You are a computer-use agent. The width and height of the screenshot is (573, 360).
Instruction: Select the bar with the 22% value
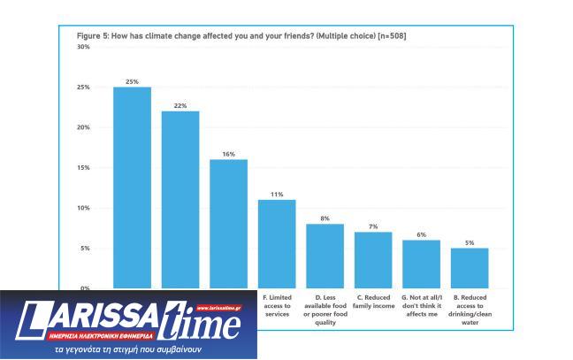[x=180, y=199]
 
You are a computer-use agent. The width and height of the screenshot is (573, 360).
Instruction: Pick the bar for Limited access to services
[x=277, y=243]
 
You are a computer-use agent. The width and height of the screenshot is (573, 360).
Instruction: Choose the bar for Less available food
[x=325, y=256]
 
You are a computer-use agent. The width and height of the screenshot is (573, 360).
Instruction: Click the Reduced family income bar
[x=373, y=260]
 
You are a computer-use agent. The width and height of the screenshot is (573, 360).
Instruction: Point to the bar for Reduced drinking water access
[x=470, y=268]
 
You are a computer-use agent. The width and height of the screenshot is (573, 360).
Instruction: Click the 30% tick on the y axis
[x=83, y=47]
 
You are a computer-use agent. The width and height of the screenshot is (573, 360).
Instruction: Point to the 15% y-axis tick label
[x=83, y=168]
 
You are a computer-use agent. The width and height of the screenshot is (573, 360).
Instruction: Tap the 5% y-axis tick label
[x=85, y=249]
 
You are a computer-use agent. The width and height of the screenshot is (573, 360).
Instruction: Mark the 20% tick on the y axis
[x=83, y=127]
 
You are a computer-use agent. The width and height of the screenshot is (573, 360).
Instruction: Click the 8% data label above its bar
[x=325, y=218]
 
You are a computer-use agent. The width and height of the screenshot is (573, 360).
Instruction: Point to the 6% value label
[x=421, y=234]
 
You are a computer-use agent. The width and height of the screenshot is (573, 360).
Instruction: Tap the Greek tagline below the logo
[x=129, y=349]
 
